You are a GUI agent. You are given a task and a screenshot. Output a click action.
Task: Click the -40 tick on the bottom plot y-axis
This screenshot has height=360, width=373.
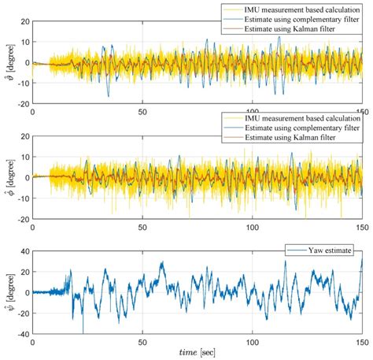click(20, 333)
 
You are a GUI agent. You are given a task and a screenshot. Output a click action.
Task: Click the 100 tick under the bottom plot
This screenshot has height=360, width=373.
click(253, 342)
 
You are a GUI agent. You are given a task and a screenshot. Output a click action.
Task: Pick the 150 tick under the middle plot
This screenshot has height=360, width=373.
click(361, 227)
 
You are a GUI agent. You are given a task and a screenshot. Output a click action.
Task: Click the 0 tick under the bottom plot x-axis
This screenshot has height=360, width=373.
click(32, 342)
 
